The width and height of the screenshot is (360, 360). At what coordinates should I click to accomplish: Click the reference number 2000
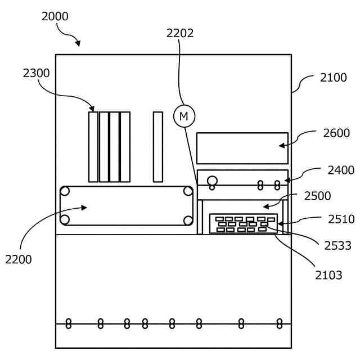click(55, 16)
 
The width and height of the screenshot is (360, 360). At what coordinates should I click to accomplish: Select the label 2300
click(37, 73)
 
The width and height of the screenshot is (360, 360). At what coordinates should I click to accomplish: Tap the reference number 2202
click(180, 33)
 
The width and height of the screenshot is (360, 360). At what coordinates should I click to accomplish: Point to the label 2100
click(334, 78)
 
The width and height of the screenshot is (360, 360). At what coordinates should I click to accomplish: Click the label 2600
click(336, 133)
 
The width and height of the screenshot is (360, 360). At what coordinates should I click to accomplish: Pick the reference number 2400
click(341, 170)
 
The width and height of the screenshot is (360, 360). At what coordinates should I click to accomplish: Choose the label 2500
click(317, 196)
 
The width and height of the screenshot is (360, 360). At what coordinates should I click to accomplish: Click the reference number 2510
click(341, 219)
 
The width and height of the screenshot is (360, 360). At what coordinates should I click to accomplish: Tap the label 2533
click(337, 245)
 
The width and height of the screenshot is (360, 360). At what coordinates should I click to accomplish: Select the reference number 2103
click(328, 276)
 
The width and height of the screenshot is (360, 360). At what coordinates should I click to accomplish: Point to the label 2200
click(19, 259)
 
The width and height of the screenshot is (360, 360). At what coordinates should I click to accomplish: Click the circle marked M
click(183, 116)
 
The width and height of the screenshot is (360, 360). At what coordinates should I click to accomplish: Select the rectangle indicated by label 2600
click(242, 148)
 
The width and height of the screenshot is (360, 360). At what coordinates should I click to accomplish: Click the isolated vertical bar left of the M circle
click(158, 147)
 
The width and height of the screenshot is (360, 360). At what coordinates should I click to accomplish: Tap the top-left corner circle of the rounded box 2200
click(65, 191)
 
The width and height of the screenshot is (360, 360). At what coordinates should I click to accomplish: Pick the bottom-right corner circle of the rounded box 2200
click(188, 219)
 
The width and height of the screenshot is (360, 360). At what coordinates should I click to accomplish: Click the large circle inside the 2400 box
click(212, 181)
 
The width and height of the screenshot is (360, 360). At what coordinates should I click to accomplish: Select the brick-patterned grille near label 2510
click(243, 223)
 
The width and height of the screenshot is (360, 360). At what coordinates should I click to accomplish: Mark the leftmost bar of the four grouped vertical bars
click(93, 147)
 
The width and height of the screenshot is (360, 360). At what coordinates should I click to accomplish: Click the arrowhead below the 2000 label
click(78, 44)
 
